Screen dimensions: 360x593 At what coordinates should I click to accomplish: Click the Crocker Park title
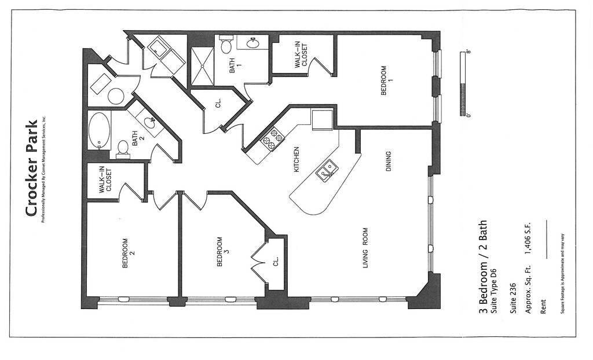click(x=31, y=168)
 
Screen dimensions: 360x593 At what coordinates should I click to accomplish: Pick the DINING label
click(x=389, y=161)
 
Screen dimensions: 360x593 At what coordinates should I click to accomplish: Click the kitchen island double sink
click(x=327, y=170)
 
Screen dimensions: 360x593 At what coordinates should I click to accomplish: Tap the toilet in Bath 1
click(x=226, y=45)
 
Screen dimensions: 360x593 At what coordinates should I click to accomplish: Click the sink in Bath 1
click(x=253, y=42)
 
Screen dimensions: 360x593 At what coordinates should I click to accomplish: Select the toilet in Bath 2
click(x=122, y=149)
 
